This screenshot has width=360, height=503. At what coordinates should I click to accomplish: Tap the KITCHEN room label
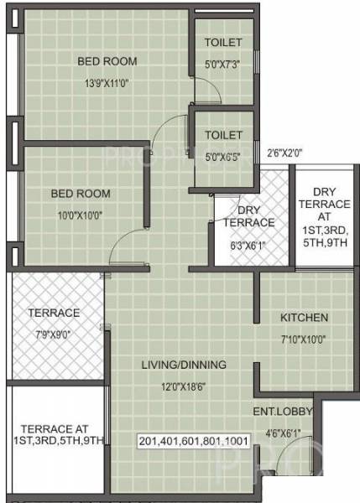tap(304, 318)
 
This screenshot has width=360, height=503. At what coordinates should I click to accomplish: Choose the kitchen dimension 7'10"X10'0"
tap(303, 340)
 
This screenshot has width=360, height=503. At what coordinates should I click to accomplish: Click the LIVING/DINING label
tap(178, 365)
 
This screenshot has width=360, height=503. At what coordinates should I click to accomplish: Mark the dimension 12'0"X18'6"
tap(178, 386)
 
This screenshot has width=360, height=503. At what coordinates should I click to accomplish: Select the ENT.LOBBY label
tap(283, 411)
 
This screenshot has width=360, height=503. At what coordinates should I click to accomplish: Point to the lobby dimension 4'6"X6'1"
tap(283, 433)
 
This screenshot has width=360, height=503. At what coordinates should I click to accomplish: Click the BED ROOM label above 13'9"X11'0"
tap(107, 60)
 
